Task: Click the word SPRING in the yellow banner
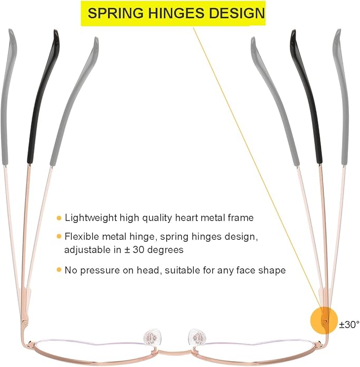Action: [116, 13]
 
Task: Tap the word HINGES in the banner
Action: [176, 13]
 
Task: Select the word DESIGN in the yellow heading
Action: [236, 13]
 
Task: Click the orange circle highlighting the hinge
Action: [324, 321]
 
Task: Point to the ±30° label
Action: [349, 325]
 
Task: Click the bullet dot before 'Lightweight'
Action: [59, 218]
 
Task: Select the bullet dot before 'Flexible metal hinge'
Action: [59, 237]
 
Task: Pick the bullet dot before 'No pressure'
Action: [59, 270]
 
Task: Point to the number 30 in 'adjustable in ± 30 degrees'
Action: [138, 250]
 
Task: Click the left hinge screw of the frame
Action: [25, 323]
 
